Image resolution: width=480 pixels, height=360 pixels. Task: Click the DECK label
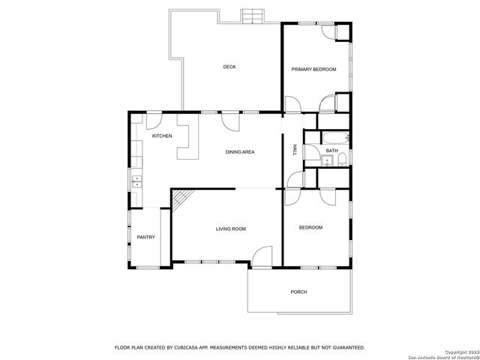(229, 67)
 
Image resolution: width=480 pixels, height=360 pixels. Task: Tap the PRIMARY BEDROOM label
(313, 70)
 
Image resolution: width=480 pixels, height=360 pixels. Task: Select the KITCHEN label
(162, 136)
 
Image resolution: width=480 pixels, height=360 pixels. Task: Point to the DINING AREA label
(240, 152)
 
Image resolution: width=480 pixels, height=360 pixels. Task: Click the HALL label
(295, 150)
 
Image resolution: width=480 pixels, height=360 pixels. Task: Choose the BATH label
(331, 151)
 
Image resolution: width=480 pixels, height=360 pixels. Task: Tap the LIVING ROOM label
(230, 229)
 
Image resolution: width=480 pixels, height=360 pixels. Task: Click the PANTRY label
(145, 238)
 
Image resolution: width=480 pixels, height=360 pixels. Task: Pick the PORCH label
(299, 292)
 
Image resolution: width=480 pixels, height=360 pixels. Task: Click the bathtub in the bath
(334, 137)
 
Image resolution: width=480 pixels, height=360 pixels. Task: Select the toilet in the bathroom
(342, 161)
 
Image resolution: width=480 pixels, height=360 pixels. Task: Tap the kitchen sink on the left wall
(136, 180)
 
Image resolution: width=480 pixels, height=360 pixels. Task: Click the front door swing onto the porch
(262, 256)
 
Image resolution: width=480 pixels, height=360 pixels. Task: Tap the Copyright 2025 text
(458, 351)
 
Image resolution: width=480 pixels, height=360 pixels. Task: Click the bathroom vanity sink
(328, 160)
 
